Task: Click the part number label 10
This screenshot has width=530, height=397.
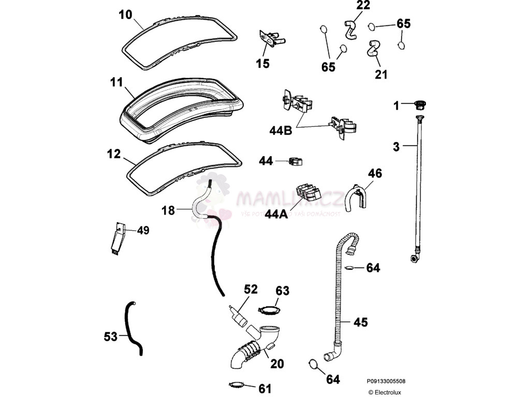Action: point(125,14)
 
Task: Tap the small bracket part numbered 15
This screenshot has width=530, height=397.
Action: point(271,39)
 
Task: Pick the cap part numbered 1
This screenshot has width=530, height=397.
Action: point(419,105)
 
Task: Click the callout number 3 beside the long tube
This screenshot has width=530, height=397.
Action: point(396,147)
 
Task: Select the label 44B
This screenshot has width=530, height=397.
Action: point(280,130)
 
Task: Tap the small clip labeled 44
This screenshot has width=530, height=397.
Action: point(296,162)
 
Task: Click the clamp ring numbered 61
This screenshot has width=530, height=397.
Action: point(236,385)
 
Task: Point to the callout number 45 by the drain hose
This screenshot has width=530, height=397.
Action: point(360,322)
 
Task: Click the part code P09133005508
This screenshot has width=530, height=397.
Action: point(387,381)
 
